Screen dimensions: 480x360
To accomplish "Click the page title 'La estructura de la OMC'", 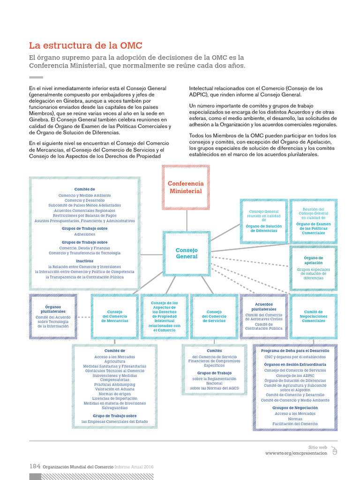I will coord(86,45).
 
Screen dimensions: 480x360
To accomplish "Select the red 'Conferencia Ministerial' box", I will coord(186,187).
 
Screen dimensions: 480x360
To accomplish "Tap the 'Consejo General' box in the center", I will coord(187,254).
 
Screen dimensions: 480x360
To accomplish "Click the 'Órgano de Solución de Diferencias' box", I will coord(263,221).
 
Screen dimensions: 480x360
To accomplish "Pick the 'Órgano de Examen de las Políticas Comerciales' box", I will coord(313,221).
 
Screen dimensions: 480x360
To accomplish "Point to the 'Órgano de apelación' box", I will coord(313,268).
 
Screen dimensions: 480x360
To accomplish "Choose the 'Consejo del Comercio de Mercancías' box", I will coord(115,316).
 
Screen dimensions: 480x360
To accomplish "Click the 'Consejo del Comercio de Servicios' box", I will coord(214,316).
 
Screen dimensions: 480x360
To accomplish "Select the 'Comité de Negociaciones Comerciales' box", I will coord(313,316).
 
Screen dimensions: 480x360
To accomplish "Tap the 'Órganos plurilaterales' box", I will coord(53,316).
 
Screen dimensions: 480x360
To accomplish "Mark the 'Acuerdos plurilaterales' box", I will coord(263,316).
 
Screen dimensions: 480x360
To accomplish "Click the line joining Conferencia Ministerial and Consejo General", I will coord(187,220).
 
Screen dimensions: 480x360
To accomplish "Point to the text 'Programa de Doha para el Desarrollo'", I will coord(295,351).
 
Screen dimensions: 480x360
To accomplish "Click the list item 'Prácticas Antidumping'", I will coord(114,385).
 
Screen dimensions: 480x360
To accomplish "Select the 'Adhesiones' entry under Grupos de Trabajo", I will coord(84,234).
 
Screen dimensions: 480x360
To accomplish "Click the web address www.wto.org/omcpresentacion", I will coord(296,453).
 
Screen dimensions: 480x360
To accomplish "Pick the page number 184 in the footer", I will coord(35,466).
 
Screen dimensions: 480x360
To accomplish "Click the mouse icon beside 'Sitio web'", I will coord(334,450).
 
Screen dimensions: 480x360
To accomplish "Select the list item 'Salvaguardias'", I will coord(114,408).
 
